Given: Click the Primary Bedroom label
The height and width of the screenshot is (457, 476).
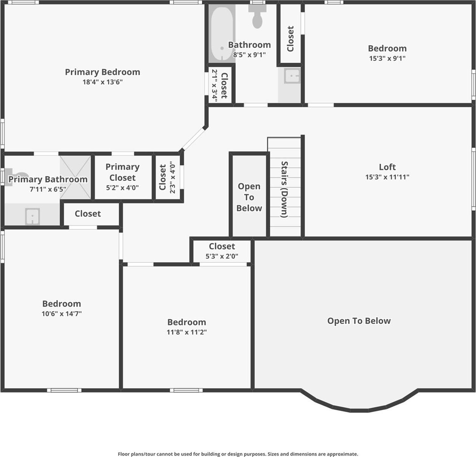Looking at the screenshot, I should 103,72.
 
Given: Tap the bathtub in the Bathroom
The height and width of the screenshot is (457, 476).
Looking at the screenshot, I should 222,34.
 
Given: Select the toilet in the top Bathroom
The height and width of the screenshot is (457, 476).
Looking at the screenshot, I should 257,17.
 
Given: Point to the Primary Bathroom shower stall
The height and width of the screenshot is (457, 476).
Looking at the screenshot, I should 76,177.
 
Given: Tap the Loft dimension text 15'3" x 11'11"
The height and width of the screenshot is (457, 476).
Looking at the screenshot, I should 387,177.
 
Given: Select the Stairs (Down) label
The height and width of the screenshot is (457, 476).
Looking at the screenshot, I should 285,189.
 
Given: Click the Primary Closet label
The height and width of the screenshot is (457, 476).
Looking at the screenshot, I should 122,172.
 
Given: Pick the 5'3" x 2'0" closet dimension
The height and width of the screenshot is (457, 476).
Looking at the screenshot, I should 222,256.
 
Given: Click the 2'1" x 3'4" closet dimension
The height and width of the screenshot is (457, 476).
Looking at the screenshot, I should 215,85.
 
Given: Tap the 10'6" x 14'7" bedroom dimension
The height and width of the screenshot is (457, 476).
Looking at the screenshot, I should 62,314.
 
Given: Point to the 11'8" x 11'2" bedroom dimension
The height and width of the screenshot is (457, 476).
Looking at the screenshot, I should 187,332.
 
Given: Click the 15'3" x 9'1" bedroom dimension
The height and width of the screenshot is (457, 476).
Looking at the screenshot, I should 387,59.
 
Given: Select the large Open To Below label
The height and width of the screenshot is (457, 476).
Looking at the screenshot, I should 359,321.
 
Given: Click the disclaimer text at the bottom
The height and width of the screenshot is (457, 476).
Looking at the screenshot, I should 238,454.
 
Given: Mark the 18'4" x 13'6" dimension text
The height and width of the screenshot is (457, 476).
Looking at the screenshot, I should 103,82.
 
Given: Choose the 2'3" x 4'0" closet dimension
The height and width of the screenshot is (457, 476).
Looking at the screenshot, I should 173,178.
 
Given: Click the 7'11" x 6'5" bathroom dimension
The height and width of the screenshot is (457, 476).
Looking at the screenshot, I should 48,189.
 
